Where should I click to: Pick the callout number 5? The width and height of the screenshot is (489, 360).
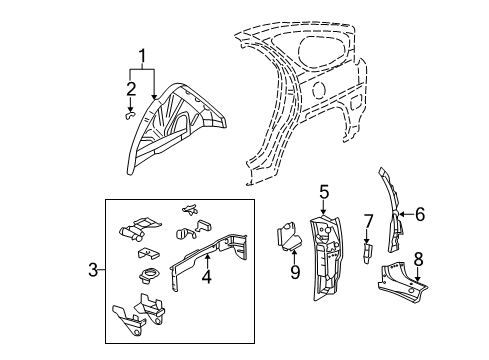coord(324,191)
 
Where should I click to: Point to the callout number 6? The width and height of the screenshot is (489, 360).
coord(420,212)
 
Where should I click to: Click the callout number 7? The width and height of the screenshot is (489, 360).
coord(367,221)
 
